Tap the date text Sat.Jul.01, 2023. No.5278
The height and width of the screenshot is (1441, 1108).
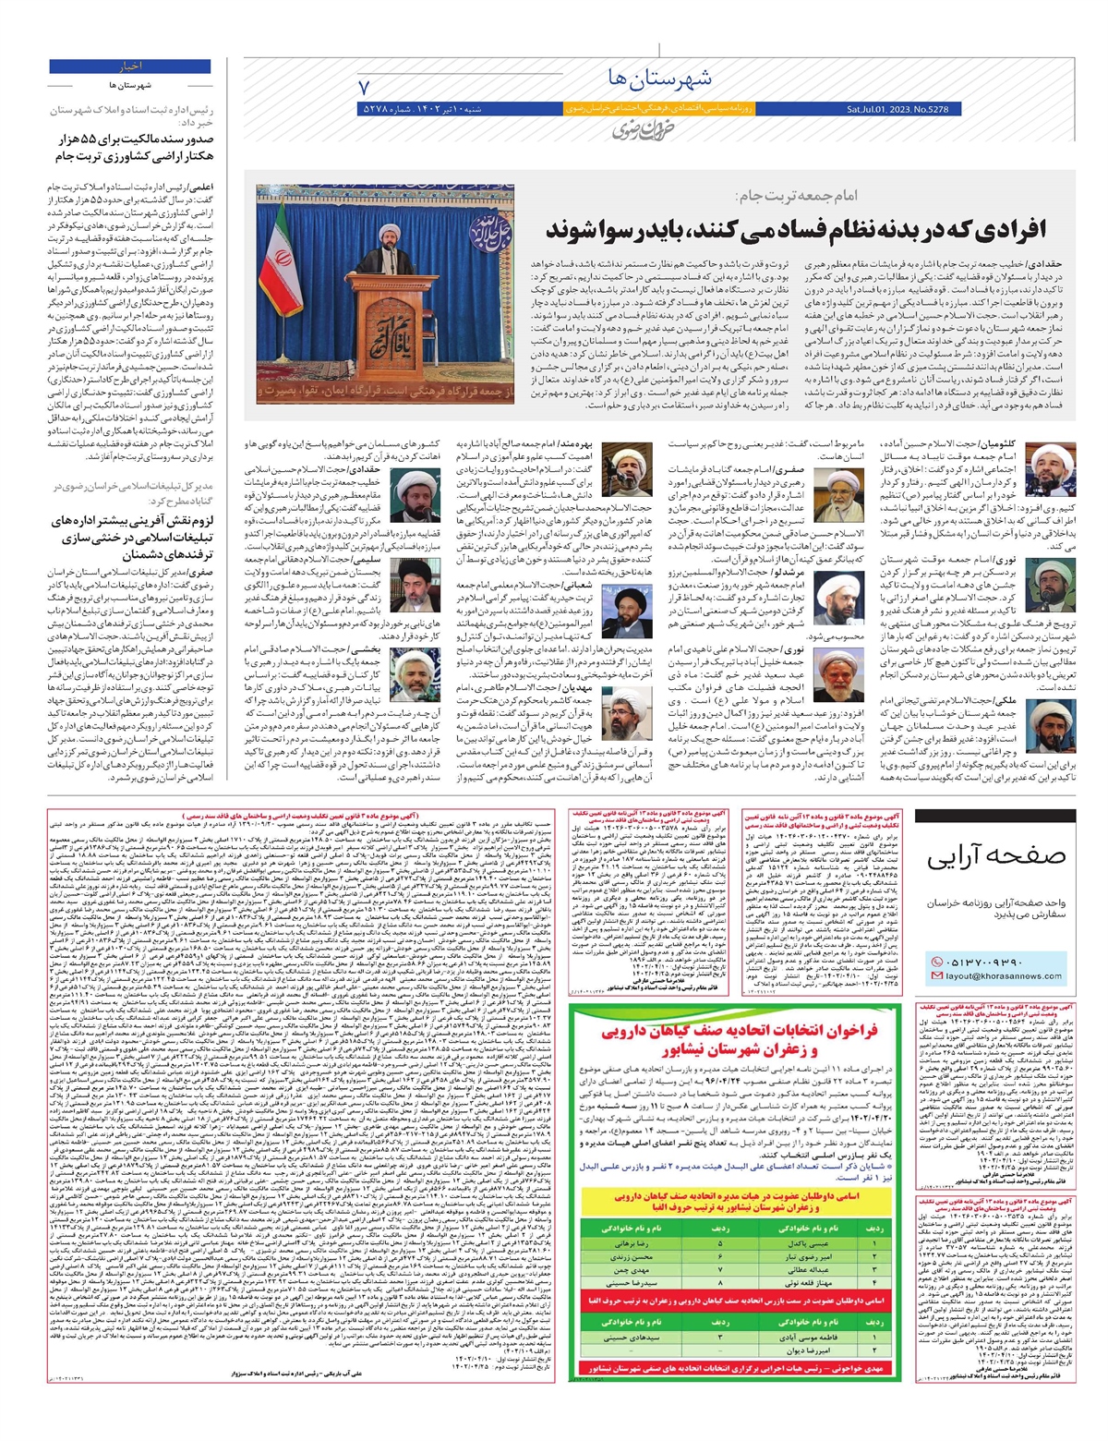pyautogui.click(x=897, y=110)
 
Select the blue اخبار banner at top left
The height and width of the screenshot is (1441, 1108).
pyautogui.click(x=130, y=67)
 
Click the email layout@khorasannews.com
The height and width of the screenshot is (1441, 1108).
pyautogui.click(x=1003, y=976)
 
